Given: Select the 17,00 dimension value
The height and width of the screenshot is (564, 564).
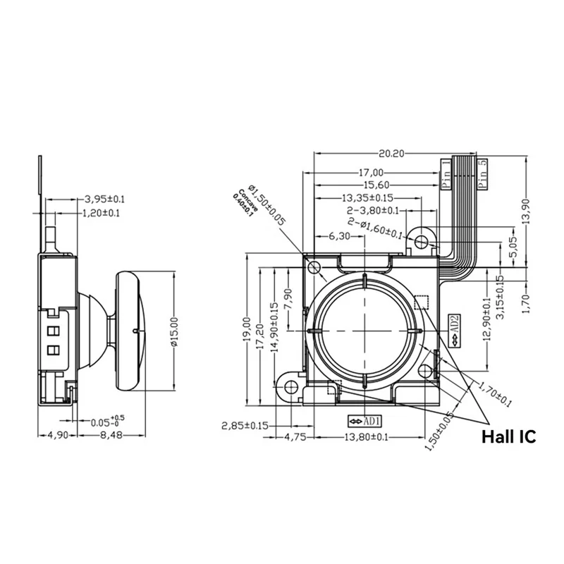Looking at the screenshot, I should click(x=370, y=173).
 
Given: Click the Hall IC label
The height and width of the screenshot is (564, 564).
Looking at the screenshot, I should click(x=508, y=436).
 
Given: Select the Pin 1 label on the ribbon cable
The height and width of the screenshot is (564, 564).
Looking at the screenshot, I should click(x=446, y=173).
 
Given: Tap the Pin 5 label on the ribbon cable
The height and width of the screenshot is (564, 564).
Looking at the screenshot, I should click(x=482, y=173).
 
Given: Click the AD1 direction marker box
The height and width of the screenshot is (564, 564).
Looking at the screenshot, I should click(x=364, y=421).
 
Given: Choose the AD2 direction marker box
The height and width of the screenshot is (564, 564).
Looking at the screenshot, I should click(x=455, y=330).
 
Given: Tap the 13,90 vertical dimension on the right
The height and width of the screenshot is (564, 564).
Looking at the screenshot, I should click(x=534, y=211).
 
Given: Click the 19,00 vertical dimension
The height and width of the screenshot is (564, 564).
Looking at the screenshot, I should click(x=246, y=328).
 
